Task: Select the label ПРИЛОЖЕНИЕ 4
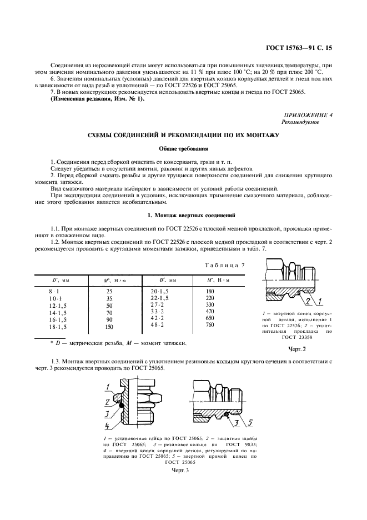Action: pyautogui.click(x=308, y=114)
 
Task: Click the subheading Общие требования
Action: pyautogui.click(x=183, y=149)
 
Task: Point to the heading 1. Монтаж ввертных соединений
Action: pyautogui.click(x=183, y=215)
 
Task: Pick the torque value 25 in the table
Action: pyautogui.click(x=109, y=291)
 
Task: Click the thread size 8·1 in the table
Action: pyautogui.click(x=56, y=291)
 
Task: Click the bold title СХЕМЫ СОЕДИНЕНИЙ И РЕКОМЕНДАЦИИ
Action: pyautogui.click(x=183, y=136)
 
